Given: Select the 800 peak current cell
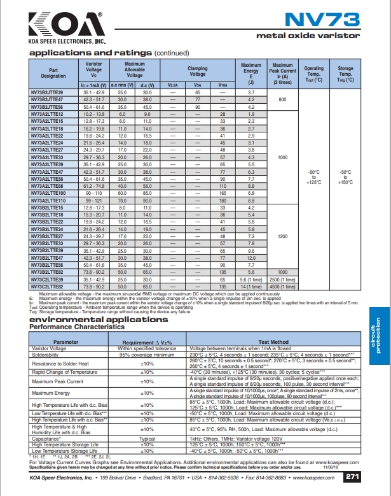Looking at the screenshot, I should pos(282,100).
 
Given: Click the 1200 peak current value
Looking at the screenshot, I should pos(282,236).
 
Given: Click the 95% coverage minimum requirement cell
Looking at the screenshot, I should pos(147,354).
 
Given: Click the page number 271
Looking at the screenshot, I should pos(353,476).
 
